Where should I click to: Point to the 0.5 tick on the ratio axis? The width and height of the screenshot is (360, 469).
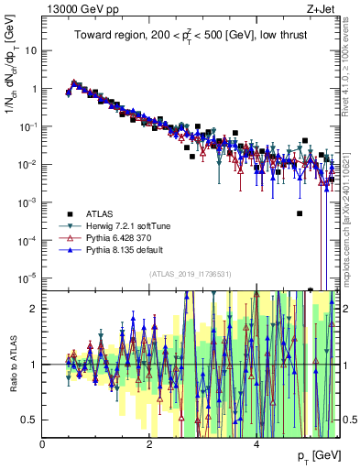tap(29, 420)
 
